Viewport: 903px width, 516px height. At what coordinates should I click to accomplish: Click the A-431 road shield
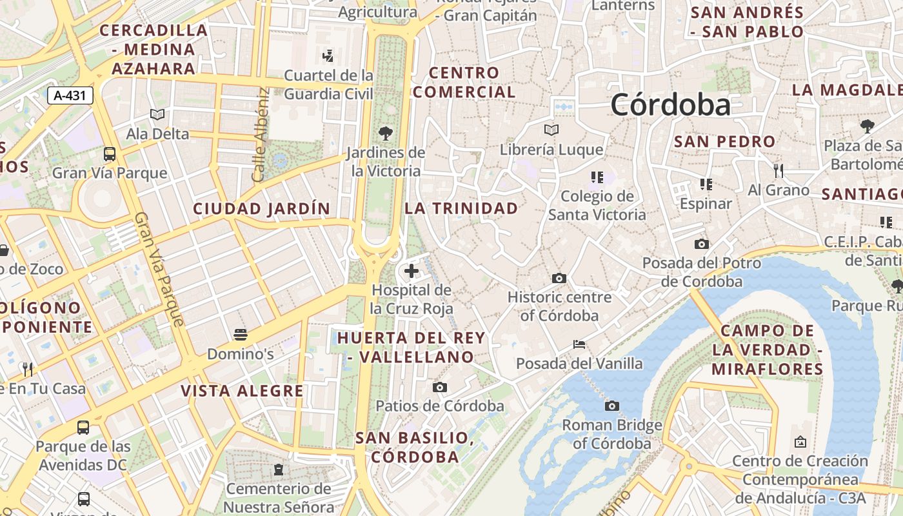click(x=70, y=96)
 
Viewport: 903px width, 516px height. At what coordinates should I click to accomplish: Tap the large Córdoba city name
click(x=671, y=104)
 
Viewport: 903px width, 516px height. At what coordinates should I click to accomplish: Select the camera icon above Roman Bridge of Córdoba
click(x=611, y=406)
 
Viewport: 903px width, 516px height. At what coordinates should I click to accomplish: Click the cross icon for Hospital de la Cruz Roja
click(x=412, y=271)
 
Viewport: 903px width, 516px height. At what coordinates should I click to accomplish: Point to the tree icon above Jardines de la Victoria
click(x=386, y=134)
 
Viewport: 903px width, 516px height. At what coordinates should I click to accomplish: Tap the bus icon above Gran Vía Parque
click(x=110, y=154)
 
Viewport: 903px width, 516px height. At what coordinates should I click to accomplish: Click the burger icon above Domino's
click(x=241, y=334)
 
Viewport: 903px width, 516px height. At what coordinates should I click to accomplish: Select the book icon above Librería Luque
click(x=551, y=130)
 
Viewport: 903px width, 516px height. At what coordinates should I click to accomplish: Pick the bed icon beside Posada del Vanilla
click(x=579, y=344)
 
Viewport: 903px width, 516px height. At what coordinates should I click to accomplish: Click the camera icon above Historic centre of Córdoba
click(x=559, y=278)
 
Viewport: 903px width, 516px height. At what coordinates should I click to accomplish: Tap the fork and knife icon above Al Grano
click(x=779, y=171)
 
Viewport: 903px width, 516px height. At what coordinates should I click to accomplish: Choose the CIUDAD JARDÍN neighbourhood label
click(x=261, y=208)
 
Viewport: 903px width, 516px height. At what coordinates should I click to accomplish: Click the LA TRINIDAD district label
click(x=461, y=208)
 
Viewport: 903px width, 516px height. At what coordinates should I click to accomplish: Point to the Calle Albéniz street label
click(x=260, y=135)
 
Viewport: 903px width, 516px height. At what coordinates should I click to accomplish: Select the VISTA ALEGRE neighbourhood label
click(x=242, y=391)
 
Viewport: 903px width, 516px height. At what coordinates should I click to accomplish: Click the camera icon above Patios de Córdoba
click(x=440, y=387)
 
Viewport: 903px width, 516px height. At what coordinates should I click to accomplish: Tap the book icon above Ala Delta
click(x=157, y=114)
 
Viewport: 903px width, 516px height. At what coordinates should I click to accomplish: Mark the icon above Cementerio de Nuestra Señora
click(x=279, y=469)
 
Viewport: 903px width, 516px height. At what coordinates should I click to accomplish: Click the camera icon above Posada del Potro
click(x=701, y=244)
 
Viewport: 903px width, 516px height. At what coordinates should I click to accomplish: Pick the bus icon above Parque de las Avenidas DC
click(x=83, y=427)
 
